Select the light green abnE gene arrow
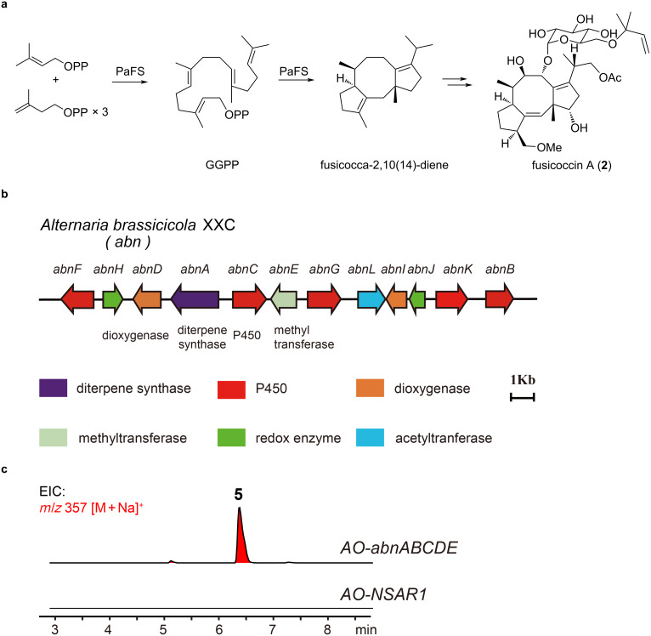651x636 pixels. pyautogui.click(x=284, y=299)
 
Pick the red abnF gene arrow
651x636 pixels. pyautogui.click(x=77, y=299)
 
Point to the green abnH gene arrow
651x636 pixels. pyautogui.click(x=113, y=299)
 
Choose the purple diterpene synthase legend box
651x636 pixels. pyautogui.click(x=59, y=389)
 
